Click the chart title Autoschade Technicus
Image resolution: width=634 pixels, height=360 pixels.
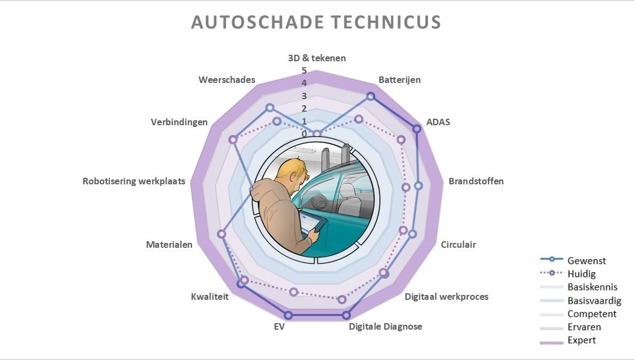[x=316, y=22]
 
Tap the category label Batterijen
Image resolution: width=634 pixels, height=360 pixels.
[x=400, y=80]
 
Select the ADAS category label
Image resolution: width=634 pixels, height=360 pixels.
[x=438, y=122]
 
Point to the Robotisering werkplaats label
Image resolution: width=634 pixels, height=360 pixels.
[x=134, y=181]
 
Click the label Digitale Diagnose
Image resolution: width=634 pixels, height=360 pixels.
[x=386, y=326]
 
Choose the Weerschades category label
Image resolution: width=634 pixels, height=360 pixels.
[x=227, y=80]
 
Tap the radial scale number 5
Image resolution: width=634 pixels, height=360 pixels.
[x=304, y=70]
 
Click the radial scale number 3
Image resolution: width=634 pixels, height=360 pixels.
[x=304, y=96]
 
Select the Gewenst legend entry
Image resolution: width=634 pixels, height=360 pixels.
[x=587, y=260]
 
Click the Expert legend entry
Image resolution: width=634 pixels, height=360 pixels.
[x=581, y=340]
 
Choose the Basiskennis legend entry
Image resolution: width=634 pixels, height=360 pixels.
[x=592, y=287]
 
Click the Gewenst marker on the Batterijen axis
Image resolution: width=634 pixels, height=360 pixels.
[x=370, y=96]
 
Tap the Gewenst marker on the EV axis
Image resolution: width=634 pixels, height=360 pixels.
[x=289, y=315]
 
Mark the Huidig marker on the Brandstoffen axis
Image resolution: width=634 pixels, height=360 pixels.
[x=406, y=188]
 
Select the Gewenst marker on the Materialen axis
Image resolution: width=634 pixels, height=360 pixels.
[x=221, y=234]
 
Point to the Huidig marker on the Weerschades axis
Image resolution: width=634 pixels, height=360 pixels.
[x=277, y=121]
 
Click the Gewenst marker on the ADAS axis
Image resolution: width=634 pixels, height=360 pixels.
[x=417, y=128]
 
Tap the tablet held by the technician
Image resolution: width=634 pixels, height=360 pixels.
[x=311, y=224]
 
